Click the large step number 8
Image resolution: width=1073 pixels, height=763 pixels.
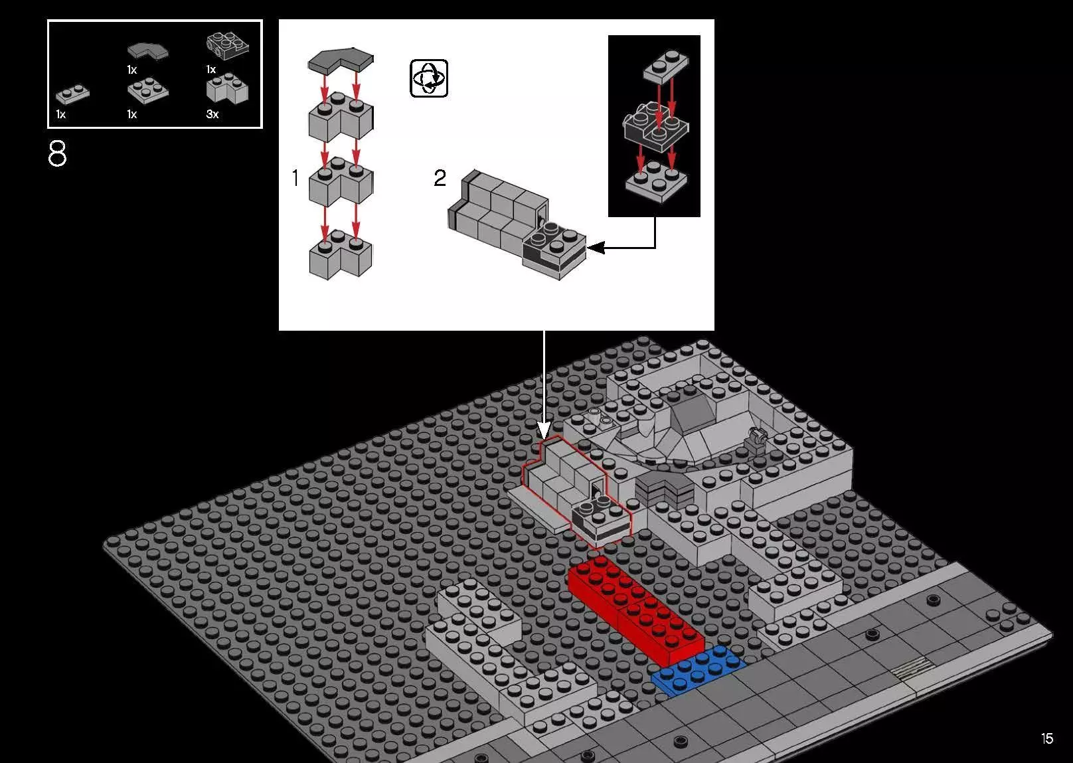point(58,154)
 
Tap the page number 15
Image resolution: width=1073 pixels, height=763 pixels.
point(1047,738)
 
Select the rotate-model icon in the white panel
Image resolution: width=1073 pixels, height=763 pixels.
point(429,78)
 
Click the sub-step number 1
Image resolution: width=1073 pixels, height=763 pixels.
point(295,178)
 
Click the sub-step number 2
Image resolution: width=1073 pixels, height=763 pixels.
point(440,178)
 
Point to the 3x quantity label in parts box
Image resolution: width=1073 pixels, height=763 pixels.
point(212,114)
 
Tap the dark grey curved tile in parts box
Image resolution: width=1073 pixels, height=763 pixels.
point(148,51)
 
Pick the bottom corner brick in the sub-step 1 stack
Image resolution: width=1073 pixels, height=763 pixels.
point(341,256)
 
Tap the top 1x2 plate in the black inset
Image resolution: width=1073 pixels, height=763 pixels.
point(666,65)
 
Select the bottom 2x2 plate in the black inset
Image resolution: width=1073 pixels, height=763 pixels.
point(657,181)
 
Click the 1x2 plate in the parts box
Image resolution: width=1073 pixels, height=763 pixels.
point(72,94)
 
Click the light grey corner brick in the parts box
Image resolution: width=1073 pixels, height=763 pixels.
point(227,89)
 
